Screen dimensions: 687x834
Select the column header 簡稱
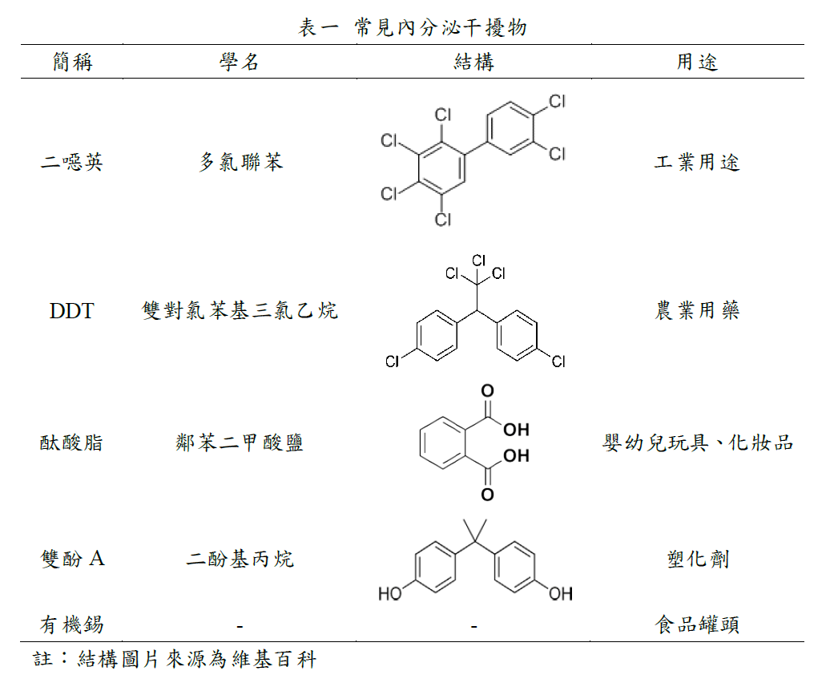pyautogui.click(x=72, y=62)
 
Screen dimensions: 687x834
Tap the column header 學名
pyautogui.click(x=240, y=62)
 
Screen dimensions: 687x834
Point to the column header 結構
pyautogui.click(x=473, y=62)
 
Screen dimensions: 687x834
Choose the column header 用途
pyautogui.click(x=697, y=62)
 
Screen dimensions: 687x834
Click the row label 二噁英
pyautogui.click(x=72, y=163)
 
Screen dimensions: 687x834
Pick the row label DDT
pyautogui.click(x=71, y=311)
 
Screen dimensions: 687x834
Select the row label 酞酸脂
pyautogui.click(x=72, y=443)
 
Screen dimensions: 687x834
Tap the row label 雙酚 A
pyautogui.click(x=72, y=559)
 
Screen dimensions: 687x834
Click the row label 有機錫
pyautogui.click(x=72, y=624)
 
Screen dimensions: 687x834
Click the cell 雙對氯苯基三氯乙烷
pyautogui.click(x=240, y=311)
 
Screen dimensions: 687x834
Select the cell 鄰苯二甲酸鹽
pyautogui.click(x=240, y=443)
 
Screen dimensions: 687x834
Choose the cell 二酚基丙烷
pyautogui.click(x=240, y=559)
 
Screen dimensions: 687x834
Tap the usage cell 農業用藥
pyautogui.click(x=697, y=311)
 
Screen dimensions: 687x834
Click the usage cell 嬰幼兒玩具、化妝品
pyautogui.click(x=697, y=443)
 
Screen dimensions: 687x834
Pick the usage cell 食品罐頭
pyautogui.click(x=697, y=624)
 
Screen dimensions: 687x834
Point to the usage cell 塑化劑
pyautogui.click(x=697, y=559)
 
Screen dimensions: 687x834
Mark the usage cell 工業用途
pyautogui.click(x=697, y=163)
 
